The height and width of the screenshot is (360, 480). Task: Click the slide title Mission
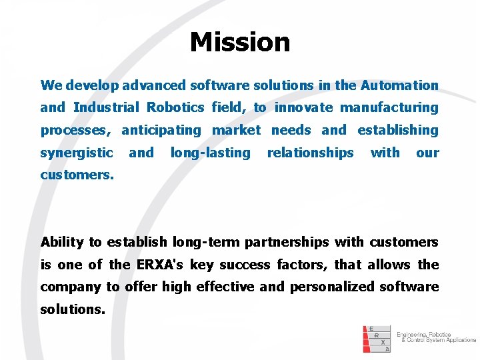240,42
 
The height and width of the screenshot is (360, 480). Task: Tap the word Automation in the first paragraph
399,85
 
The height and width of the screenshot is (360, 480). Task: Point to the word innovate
303,107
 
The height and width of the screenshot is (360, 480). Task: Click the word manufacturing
389,107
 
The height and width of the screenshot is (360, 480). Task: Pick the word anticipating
161,130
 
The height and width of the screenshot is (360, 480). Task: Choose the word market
236,130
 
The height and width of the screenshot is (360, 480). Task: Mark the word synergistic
77,153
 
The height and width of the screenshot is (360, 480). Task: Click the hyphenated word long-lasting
210,153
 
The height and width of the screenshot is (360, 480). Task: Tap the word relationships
310,153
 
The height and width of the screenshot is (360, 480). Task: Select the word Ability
62,242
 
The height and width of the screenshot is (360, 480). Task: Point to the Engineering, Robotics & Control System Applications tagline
436,337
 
